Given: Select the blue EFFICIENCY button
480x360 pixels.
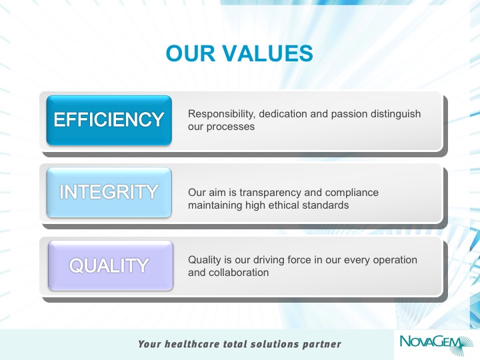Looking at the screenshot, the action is [x=109, y=120].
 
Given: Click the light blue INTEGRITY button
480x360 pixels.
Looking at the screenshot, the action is [x=109, y=193].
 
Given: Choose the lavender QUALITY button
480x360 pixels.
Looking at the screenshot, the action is [x=111, y=265].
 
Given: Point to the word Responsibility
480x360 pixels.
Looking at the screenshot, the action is [x=221, y=114].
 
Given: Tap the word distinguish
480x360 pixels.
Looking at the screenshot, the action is [x=395, y=114].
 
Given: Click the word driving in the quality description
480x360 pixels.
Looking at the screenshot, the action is [x=269, y=260].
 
